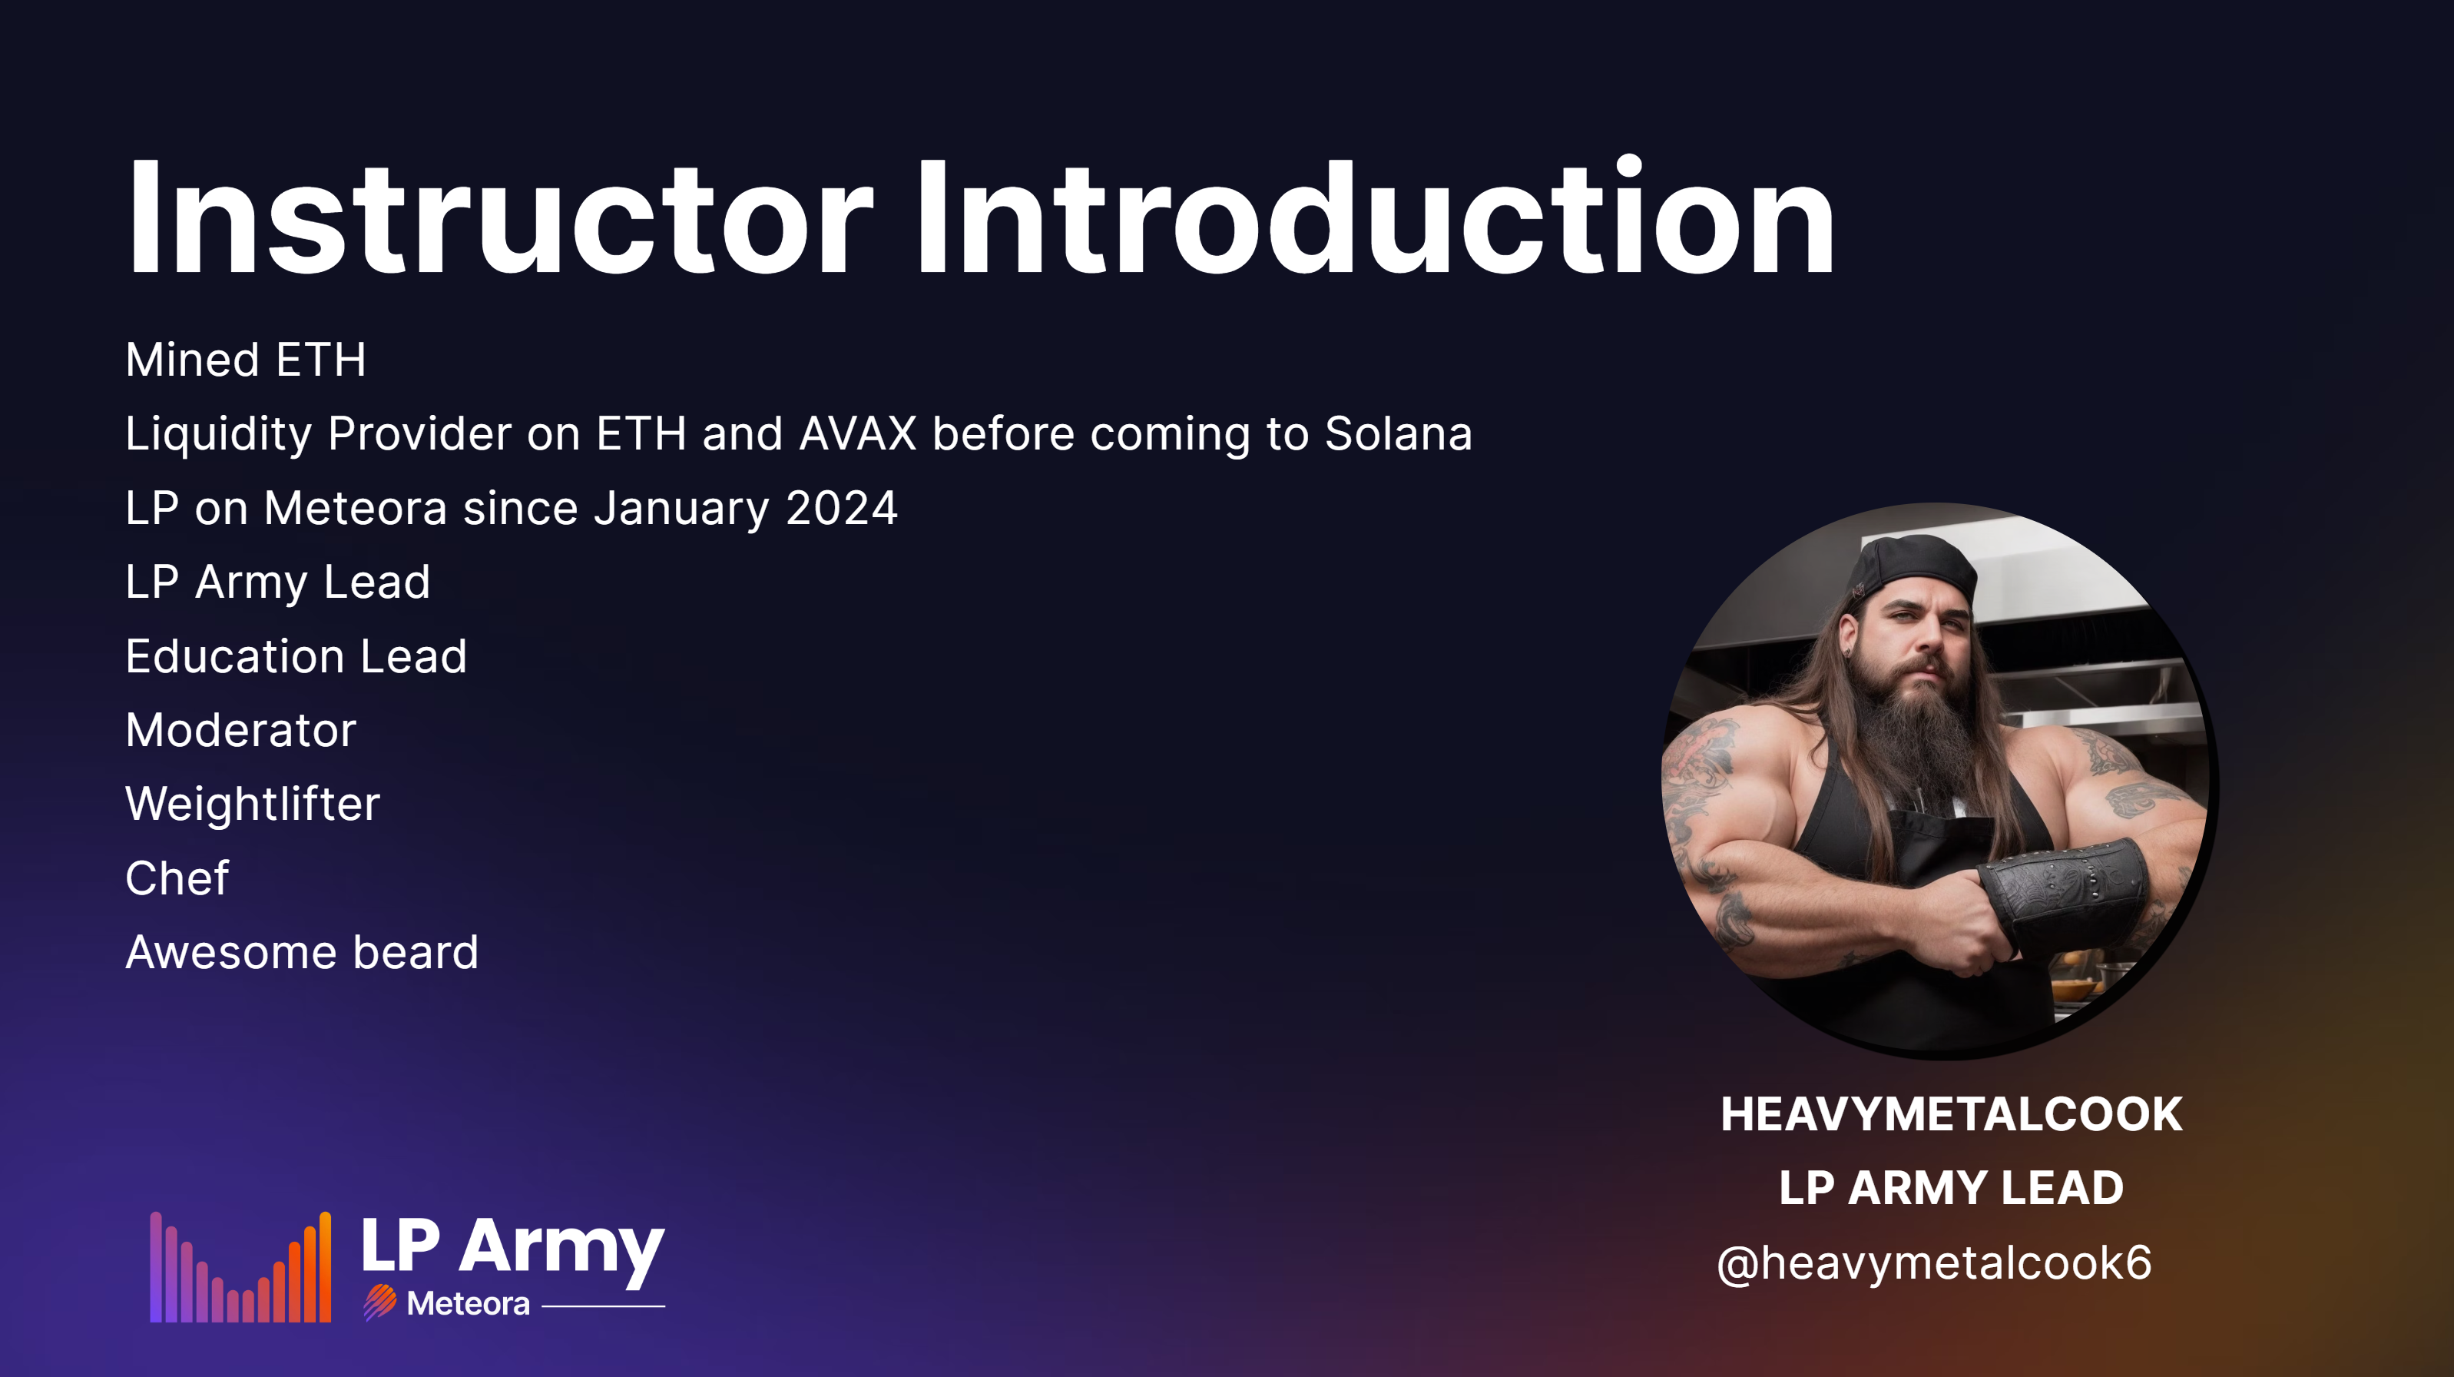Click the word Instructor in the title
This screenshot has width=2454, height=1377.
click(x=500, y=217)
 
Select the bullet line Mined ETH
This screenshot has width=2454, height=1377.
click(x=246, y=360)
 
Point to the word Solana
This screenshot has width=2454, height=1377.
click(x=1399, y=433)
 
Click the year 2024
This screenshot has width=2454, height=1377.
click(x=842, y=508)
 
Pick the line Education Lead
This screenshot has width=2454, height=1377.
click(x=296, y=656)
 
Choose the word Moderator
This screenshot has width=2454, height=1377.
click(x=241, y=731)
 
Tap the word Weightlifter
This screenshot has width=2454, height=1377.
click(x=253, y=805)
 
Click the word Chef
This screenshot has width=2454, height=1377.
click(x=177, y=878)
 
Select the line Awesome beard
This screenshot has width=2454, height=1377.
click(x=302, y=953)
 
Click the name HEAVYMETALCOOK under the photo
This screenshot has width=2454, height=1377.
click(x=1951, y=1115)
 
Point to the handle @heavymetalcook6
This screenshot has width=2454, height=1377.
click(x=1934, y=1263)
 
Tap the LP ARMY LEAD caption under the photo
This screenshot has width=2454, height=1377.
click(x=1951, y=1188)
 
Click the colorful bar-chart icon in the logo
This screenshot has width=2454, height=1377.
click(x=240, y=1267)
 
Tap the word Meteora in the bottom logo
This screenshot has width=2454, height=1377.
click(x=468, y=1304)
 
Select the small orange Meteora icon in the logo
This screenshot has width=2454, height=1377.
click(x=380, y=1302)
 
